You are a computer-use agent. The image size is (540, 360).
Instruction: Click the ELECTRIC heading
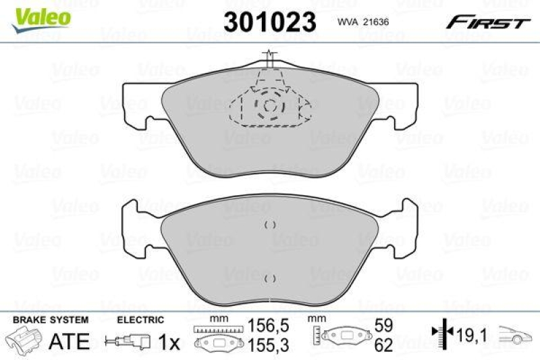point(140,319)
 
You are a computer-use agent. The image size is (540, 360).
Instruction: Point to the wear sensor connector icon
point(126,342)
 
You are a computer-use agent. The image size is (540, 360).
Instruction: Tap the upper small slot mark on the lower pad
point(270,226)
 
